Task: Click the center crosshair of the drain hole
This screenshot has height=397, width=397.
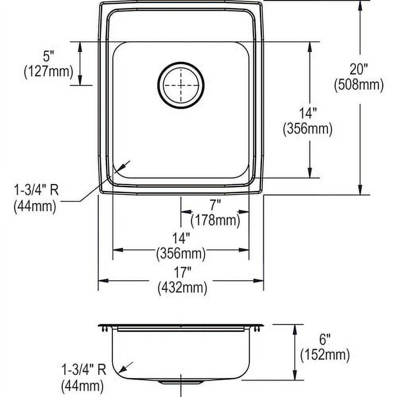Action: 181,85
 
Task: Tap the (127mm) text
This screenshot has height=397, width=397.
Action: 48,72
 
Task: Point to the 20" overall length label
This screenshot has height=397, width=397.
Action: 359,69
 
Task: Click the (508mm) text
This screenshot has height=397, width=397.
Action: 359,85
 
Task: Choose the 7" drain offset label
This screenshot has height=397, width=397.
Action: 215,205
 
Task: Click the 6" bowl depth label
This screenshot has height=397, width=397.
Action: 325,339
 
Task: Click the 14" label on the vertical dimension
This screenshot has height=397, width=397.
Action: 308,114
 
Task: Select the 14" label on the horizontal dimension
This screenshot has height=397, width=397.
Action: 181,239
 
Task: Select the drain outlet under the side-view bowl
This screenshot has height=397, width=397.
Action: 181,382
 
